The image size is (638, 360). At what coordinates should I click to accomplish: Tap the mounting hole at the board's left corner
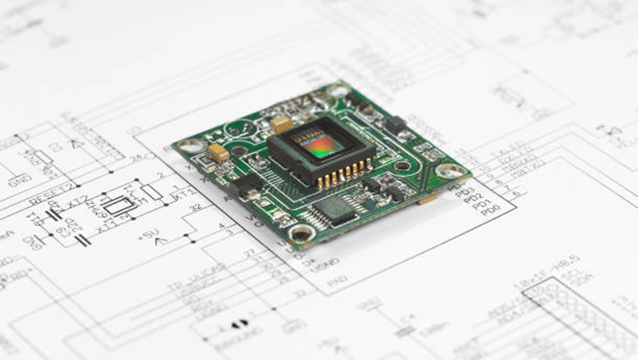click(x=191, y=146)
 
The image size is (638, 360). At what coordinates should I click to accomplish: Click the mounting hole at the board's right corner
click(x=450, y=171)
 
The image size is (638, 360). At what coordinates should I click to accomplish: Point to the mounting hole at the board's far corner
click(x=338, y=91)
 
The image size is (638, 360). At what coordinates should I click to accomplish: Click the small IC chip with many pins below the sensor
click(x=335, y=210)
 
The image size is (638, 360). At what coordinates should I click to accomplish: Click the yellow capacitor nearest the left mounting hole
click(x=218, y=152)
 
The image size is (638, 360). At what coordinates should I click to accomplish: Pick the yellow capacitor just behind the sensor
click(x=281, y=124)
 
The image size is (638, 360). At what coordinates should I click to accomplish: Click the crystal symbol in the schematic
click(x=119, y=205)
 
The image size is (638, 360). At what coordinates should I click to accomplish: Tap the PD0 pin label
click(x=492, y=210)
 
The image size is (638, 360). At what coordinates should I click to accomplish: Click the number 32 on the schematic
click(x=196, y=208)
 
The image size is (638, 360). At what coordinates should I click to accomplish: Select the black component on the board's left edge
click(x=245, y=187)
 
